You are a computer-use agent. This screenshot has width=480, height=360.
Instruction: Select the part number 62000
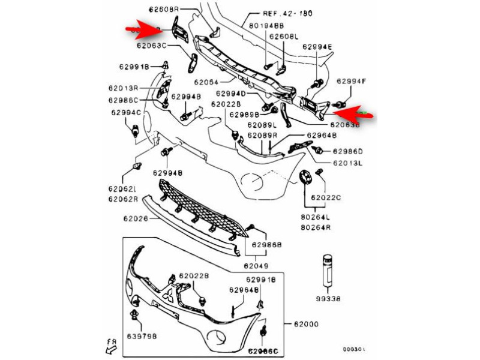306,325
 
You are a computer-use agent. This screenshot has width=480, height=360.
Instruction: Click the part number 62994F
351,81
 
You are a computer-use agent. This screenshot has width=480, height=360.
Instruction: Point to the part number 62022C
326,197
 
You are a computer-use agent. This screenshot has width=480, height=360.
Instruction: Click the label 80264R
315,228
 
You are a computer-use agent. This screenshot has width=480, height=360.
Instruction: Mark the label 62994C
125,112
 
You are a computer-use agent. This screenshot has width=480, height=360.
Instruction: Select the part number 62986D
348,151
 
